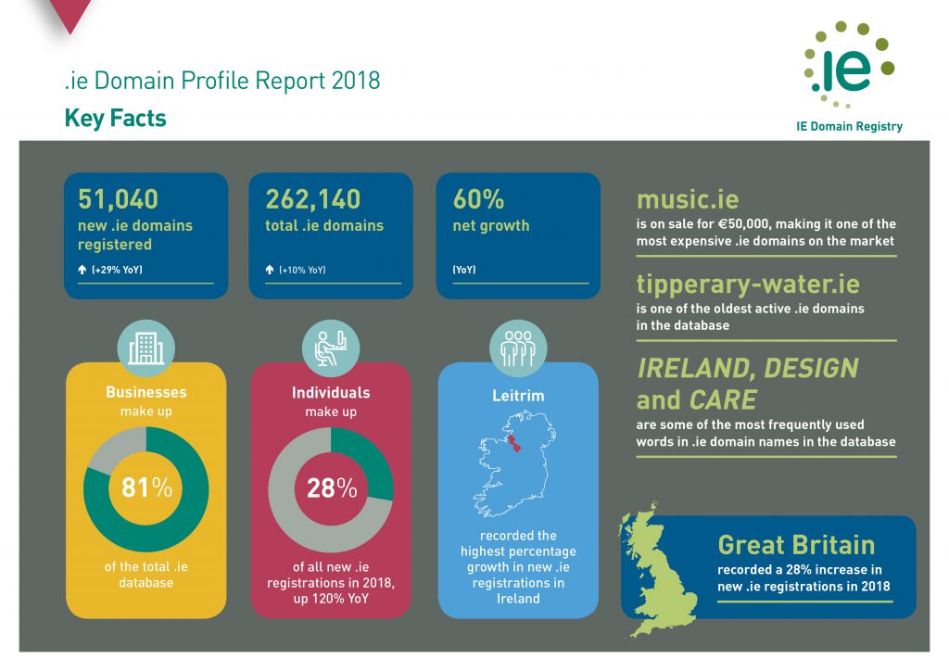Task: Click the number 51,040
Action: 118,199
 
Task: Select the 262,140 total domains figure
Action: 313,199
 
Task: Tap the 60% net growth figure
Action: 478,199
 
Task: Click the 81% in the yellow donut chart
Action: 146,487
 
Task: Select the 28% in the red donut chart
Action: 332,487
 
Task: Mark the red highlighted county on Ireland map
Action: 513,443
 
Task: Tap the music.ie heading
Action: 688,199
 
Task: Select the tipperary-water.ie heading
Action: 748,285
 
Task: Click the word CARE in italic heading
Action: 723,400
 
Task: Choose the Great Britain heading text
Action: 796,545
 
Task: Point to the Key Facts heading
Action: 115,118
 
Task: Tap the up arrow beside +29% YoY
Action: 82,270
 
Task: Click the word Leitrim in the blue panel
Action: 518,396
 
